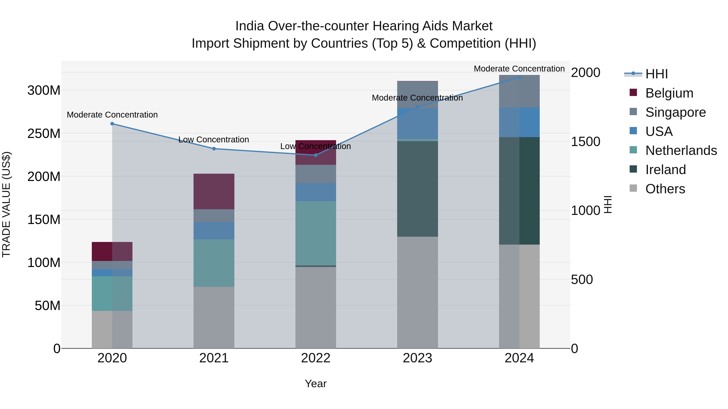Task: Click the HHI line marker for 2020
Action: pyautogui.click(x=112, y=124)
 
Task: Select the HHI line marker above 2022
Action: pyautogui.click(x=316, y=155)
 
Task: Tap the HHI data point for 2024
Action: pyautogui.click(x=519, y=77)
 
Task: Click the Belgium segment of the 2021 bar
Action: pyautogui.click(x=214, y=191)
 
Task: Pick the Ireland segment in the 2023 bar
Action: pyautogui.click(x=417, y=189)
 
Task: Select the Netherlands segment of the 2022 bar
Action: pyautogui.click(x=316, y=233)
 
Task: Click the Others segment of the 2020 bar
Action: pyautogui.click(x=112, y=329)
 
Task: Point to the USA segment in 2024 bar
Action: pyautogui.click(x=519, y=122)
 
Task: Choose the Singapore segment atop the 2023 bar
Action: pyautogui.click(x=417, y=94)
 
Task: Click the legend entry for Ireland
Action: pyautogui.click(x=665, y=170)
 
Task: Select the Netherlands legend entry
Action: pyautogui.click(x=681, y=150)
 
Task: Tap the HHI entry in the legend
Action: pyautogui.click(x=656, y=74)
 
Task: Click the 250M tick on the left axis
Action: pyautogui.click(x=44, y=134)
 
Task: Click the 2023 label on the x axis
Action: pyautogui.click(x=417, y=358)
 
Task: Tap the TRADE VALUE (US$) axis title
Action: pyautogui.click(x=6, y=204)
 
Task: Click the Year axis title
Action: pyautogui.click(x=316, y=384)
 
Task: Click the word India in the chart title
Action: pyautogui.click(x=250, y=26)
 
